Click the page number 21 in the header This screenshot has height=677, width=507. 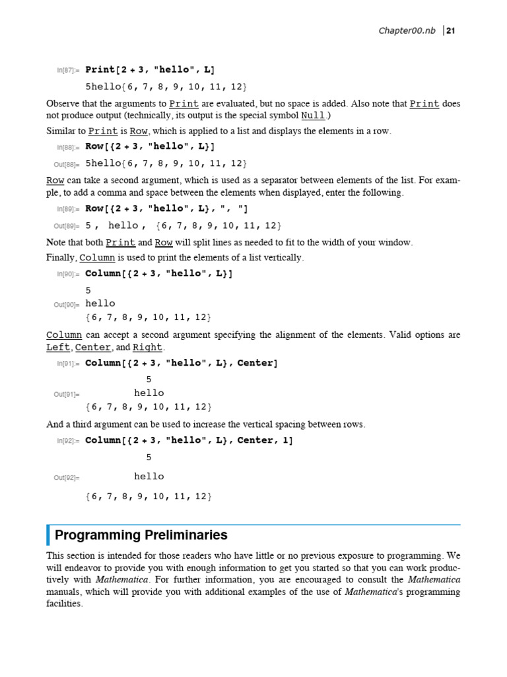(x=452, y=30)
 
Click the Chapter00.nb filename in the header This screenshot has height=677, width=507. (x=407, y=30)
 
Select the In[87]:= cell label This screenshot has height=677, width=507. (x=68, y=70)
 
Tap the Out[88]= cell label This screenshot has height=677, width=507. (x=67, y=164)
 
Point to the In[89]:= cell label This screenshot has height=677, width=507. (x=68, y=209)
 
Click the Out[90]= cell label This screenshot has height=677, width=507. (x=67, y=305)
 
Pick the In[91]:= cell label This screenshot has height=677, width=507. (x=68, y=364)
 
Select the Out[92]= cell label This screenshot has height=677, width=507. (x=67, y=477)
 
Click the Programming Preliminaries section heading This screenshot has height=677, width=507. (x=141, y=535)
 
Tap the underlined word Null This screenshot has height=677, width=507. (x=313, y=115)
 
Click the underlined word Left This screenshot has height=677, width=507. (x=58, y=347)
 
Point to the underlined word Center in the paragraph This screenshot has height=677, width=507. (x=93, y=347)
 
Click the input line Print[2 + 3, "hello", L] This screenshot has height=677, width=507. (x=150, y=69)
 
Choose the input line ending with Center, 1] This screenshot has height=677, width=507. (x=189, y=440)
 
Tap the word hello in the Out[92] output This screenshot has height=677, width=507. (x=149, y=476)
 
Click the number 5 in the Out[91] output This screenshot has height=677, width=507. (x=149, y=379)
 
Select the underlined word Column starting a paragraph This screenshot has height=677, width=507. (x=64, y=335)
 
